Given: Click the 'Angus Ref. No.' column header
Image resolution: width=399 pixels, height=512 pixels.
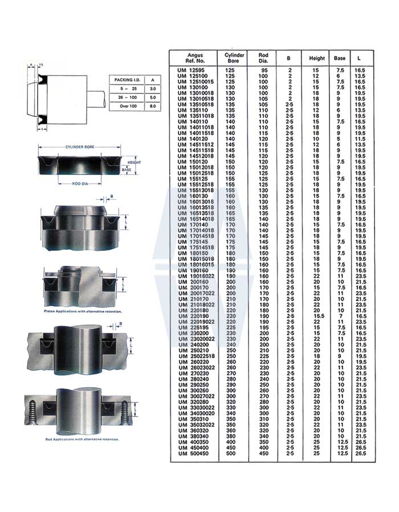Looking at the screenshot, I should coord(195,58).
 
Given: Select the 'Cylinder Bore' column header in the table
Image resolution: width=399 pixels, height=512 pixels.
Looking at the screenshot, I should coord(235,58).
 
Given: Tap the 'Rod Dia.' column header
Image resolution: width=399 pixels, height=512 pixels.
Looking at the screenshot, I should coord(263,58).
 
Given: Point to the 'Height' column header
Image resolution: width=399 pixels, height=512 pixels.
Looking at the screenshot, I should coord(317,58).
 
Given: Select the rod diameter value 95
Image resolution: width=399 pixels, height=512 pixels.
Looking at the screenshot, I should coord(263,70).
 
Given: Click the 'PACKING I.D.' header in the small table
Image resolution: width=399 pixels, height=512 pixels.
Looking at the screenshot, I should coord(125,80).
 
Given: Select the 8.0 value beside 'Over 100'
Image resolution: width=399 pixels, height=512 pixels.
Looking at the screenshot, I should coord(151,106).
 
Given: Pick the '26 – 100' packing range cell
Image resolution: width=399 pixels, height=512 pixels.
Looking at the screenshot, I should coord(125,97).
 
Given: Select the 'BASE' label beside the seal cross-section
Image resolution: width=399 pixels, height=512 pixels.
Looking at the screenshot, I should coord(127,170).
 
